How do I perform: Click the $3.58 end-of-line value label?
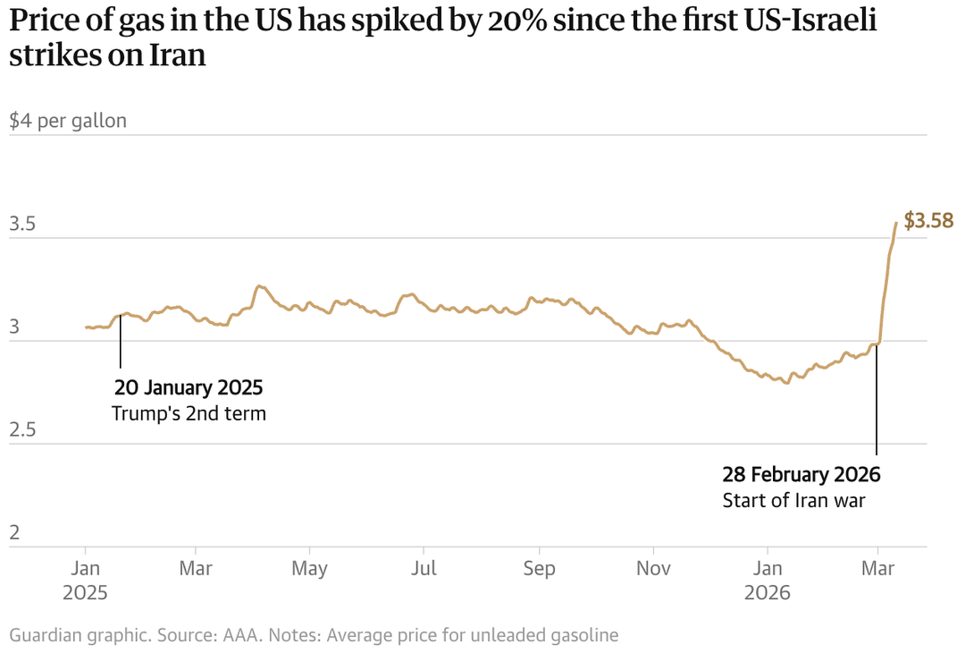929,220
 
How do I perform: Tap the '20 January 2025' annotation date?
189,388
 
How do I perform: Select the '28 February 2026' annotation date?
801,474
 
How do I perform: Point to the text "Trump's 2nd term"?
189,414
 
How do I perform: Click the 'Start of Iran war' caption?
793,500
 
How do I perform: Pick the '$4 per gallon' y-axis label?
68,121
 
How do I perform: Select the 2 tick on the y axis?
14,533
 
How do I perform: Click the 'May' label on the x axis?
310,569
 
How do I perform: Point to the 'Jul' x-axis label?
424,569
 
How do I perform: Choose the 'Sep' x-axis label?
539,569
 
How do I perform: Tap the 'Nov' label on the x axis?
653,569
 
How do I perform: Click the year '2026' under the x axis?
767,593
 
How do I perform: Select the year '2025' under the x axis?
85,593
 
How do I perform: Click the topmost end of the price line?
896,223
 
